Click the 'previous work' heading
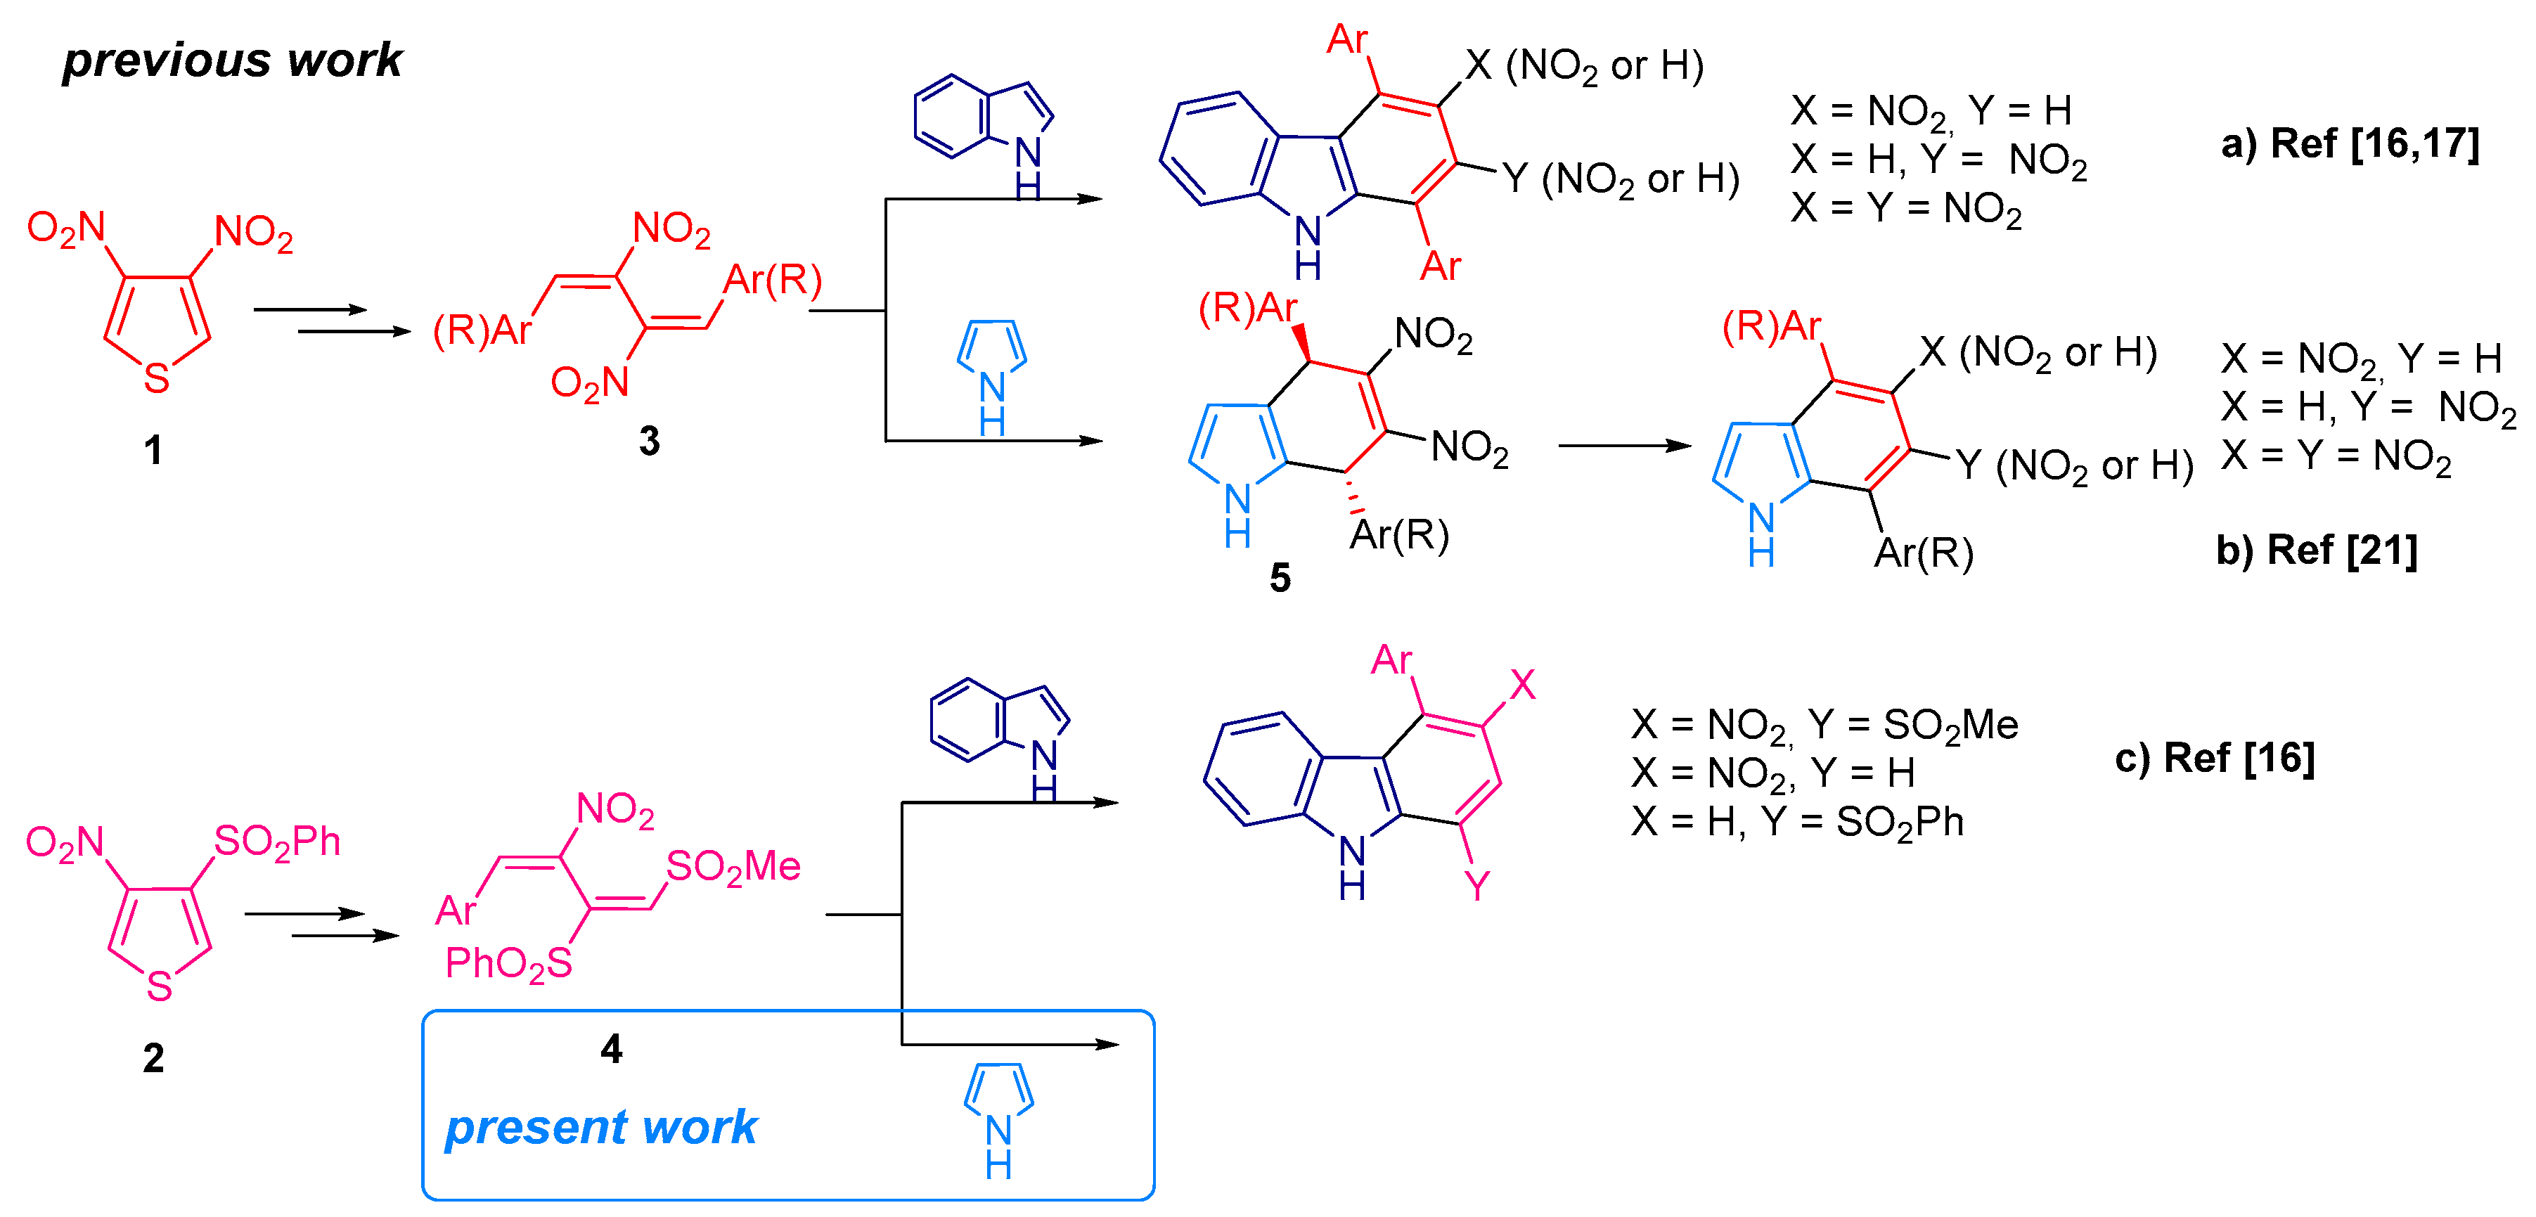coord(232,61)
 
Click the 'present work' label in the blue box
coord(600,1128)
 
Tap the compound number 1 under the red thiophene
coord(153,450)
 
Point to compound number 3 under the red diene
coord(649,440)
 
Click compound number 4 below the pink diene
coord(612,1049)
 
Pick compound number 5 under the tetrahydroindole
coord(1279,578)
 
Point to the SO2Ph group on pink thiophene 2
coord(278,842)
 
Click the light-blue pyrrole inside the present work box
coord(998,1118)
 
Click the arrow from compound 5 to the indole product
coord(1623,446)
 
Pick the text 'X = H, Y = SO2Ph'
coord(1796,822)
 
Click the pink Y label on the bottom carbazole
coord(1476,886)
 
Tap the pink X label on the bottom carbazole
coord(1522,684)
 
